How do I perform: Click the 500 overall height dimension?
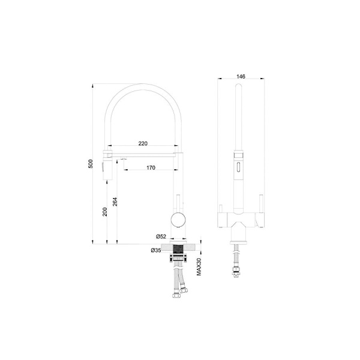coord(91,164)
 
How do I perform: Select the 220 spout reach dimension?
coord(143,143)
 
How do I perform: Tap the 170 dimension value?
coord(151,168)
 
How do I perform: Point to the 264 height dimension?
coord(115,202)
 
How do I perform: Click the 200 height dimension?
coord(104,212)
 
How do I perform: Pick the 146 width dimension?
coord(241,76)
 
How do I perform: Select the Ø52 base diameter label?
coord(161,236)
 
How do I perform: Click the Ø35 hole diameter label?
coord(156,250)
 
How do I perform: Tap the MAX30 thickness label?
coord(199,266)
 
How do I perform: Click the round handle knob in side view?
coord(178,220)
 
